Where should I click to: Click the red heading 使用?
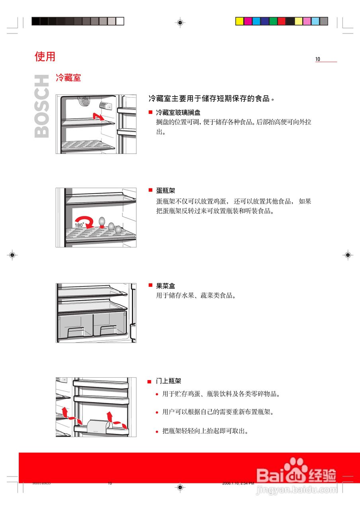tap(45, 57)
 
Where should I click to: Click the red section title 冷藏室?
tap(68, 78)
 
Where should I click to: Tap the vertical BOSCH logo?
tap(42, 106)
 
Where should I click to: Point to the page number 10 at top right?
tap(318, 59)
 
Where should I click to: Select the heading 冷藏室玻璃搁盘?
tap(178, 113)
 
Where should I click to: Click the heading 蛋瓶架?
tap(165, 191)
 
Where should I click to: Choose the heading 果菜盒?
tap(165, 286)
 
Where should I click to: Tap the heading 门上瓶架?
tap(168, 381)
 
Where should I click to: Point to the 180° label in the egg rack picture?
tap(79, 226)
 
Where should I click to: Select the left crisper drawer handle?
tap(76, 331)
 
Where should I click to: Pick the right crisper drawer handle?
tap(108, 330)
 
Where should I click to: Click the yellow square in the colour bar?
tap(239, 21)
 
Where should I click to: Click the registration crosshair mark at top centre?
tap(180, 23)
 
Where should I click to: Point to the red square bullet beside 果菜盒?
tap(151, 285)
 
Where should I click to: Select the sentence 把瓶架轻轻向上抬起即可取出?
tap(205, 431)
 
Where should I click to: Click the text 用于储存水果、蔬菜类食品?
tap(196, 296)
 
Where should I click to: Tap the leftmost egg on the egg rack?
tap(102, 222)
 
